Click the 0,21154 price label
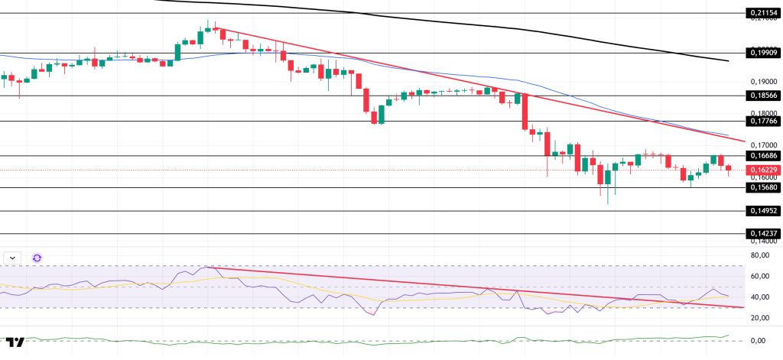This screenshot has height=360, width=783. coord(761,13)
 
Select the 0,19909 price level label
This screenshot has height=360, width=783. coord(761,53)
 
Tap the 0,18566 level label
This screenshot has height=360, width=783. coord(761,96)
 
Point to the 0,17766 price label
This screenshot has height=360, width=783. coord(761,121)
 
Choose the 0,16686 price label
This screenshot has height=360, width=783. coord(761,155)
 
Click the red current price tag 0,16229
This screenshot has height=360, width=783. coord(761,170)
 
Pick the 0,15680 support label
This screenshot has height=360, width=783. coord(761,188)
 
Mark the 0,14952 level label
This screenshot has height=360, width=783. coord(761,211)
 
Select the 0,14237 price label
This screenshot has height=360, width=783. coord(761,234)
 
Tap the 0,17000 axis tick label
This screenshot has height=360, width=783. coord(762,145)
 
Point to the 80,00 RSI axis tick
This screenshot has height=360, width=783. coord(760,255)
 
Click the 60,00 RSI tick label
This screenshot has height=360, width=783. coord(760,276)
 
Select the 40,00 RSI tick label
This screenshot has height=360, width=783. coord(760,297)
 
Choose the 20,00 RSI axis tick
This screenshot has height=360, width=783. coord(760,318)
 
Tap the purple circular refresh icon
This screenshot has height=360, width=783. coord(37,258)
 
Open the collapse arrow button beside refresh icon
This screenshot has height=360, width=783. coord(13,258)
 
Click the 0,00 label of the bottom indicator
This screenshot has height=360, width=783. coord(760,340)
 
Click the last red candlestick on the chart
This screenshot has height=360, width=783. coord(728,168)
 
